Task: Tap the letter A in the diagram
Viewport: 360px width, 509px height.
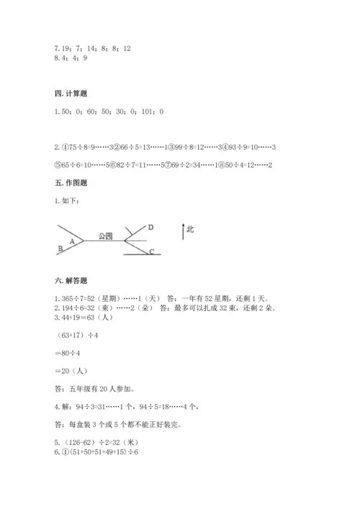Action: pos(72,242)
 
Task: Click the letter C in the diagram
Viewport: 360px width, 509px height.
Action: pos(151,251)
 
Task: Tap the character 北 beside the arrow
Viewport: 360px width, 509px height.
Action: pos(190,230)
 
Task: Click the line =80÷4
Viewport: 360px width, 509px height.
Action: pos(68,353)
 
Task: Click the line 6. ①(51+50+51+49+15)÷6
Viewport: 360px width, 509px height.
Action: pos(96,451)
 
